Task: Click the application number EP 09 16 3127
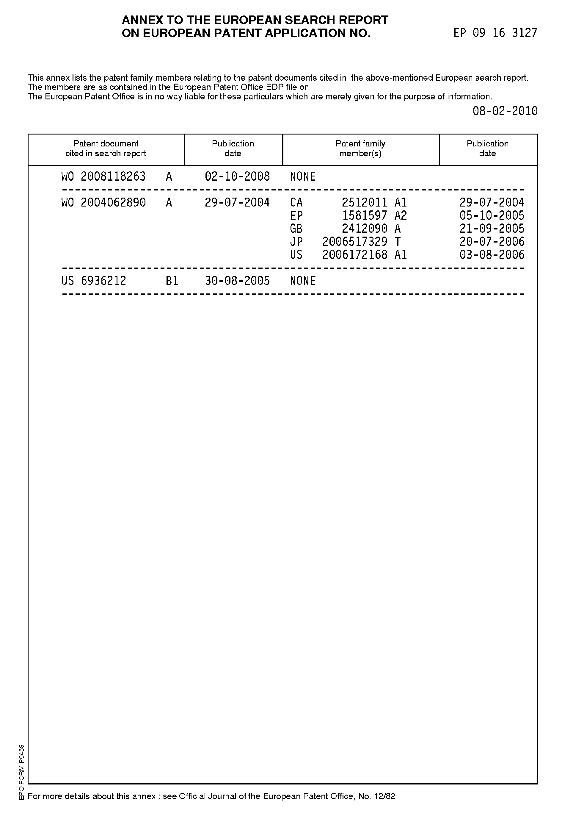click(x=495, y=33)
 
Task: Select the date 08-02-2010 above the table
click(x=505, y=111)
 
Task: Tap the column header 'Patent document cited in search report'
click(x=106, y=149)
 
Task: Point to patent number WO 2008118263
click(x=103, y=176)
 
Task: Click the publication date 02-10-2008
click(x=237, y=176)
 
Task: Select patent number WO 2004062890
click(x=103, y=202)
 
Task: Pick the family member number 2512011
click(x=365, y=202)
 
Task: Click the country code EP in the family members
click(x=296, y=215)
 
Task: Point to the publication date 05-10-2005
click(x=492, y=215)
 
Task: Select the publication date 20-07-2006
click(x=492, y=241)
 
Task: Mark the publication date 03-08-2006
click(x=492, y=254)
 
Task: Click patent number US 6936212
click(x=94, y=281)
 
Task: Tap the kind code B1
click(x=172, y=281)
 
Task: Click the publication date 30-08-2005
click(x=237, y=281)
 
